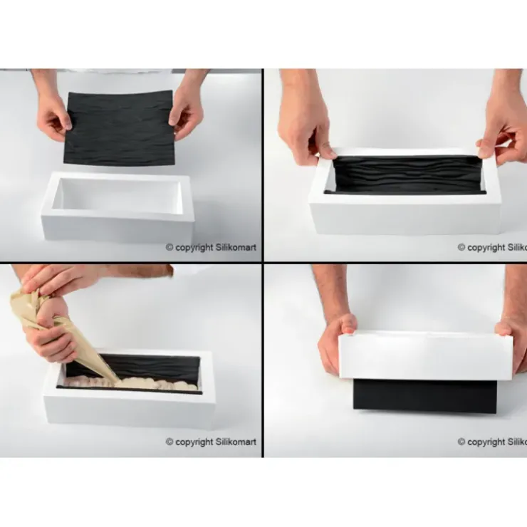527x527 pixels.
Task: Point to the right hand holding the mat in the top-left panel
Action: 187,110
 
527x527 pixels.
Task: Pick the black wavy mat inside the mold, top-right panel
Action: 406,174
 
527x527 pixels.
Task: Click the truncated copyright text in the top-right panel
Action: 491,247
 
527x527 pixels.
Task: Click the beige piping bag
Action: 57,320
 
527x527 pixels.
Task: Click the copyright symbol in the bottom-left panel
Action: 169,442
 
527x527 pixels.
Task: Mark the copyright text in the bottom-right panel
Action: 491,442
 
